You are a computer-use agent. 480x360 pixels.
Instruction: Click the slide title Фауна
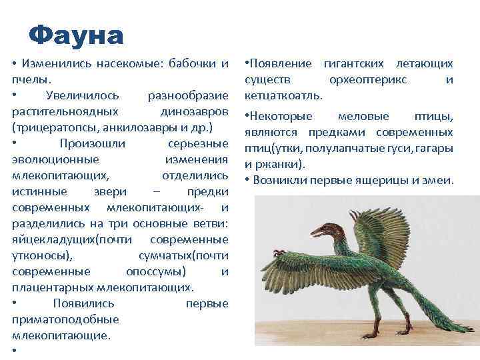coord(77,35)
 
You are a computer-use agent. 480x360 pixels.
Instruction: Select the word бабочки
coord(186,63)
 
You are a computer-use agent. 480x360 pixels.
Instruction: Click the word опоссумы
coord(155,271)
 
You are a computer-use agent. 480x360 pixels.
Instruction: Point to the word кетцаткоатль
coord(283,96)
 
